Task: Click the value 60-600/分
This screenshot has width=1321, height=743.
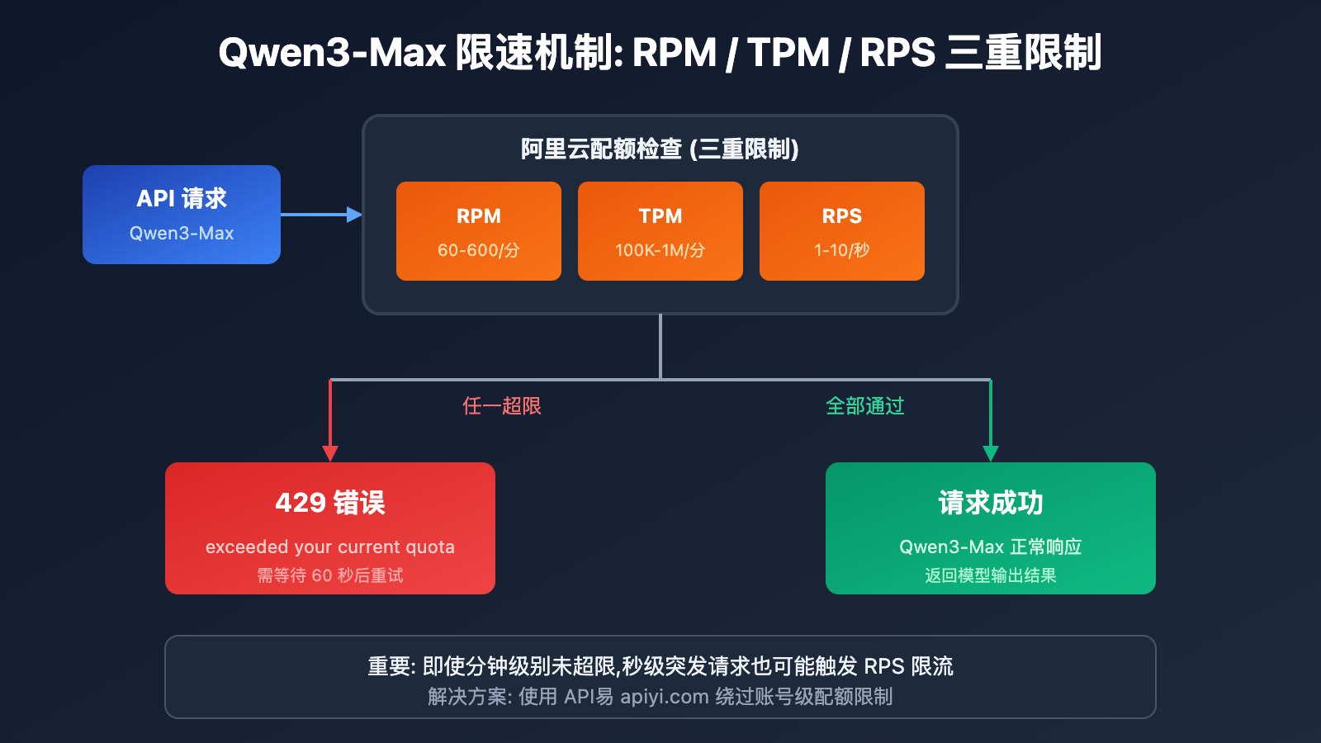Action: coord(479,250)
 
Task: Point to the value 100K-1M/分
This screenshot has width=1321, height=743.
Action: coord(660,250)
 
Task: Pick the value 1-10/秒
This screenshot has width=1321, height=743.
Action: coord(842,250)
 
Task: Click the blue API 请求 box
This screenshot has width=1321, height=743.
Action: coord(182,215)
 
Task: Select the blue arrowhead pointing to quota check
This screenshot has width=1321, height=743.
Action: coord(355,215)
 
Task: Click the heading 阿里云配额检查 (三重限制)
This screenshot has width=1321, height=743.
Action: coord(660,149)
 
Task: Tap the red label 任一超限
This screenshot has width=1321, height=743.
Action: coord(502,406)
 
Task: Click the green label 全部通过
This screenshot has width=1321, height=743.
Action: coord(865,406)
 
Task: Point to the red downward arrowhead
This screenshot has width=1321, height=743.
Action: coord(330,453)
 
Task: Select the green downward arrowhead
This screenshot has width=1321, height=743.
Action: coord(991,453)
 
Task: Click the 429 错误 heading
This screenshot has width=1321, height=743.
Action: coord(330,503)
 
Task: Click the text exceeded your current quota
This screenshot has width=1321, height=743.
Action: coord(330,547)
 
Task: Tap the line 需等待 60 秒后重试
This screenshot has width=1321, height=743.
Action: coord(330,575)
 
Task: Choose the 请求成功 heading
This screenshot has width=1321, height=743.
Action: coord(991,503)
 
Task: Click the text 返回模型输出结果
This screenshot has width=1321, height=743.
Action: coord(991,575)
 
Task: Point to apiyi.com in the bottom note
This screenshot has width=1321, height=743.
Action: coord(664,697)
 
